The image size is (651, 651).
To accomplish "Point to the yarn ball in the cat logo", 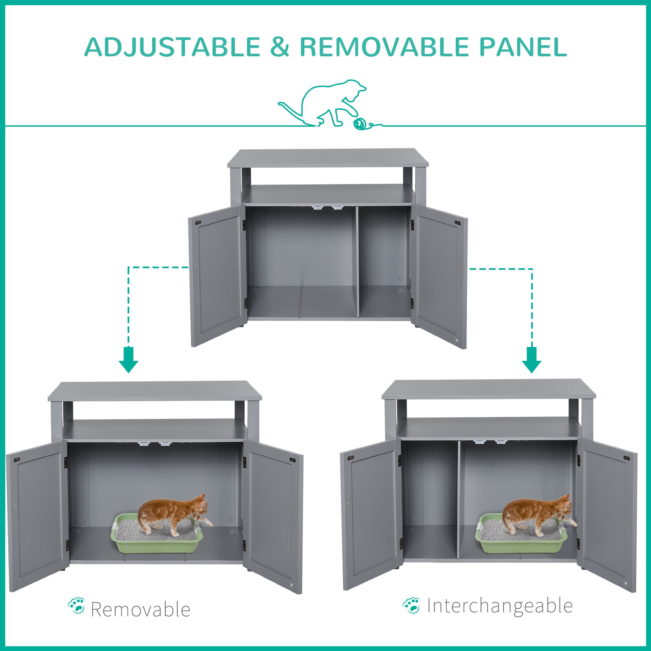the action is pyautogui.click(x=360, y=124).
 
